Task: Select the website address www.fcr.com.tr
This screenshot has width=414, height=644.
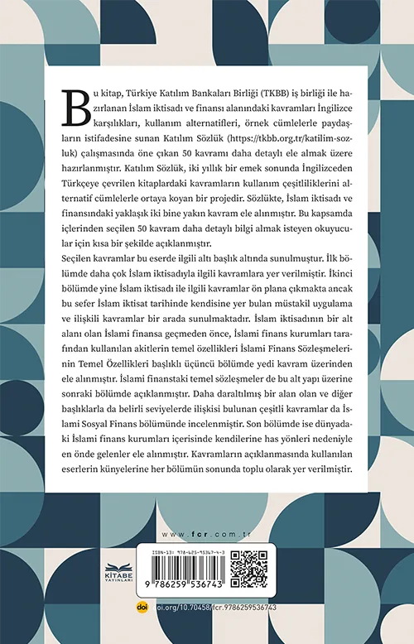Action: click(206, 534)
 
